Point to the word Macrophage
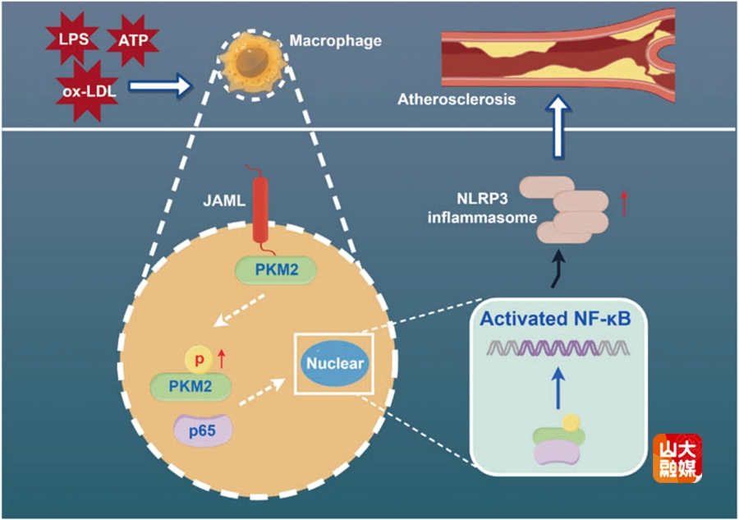pyautogui.click(x=336, y=40)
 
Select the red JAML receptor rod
pyautogui.click(x=260, y=209)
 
